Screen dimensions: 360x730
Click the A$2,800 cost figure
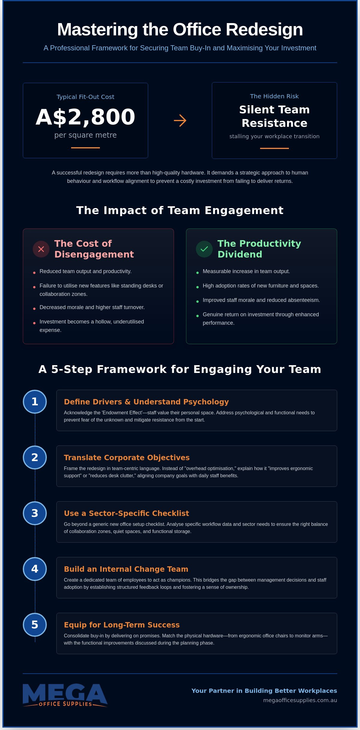85,117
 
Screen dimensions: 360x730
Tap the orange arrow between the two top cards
180,121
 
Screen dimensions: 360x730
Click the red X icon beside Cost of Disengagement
41,249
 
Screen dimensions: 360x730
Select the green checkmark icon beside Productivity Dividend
204,249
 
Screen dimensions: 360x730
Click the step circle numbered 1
35,402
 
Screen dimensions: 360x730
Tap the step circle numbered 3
35,513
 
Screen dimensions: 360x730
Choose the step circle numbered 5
35,625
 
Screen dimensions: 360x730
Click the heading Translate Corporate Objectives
127,457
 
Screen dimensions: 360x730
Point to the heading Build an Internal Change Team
126,569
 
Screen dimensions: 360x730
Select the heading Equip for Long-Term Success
122,625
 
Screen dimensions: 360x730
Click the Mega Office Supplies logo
65,695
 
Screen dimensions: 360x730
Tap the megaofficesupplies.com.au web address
300,700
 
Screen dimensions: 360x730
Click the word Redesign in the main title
264,30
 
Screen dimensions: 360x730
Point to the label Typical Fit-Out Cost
85,97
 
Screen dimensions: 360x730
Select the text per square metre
85,135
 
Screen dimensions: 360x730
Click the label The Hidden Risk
274,96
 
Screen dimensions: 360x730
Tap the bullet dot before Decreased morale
34,308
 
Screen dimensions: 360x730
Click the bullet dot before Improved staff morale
197,301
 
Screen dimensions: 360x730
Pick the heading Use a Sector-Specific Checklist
126,513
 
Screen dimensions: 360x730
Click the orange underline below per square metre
85,148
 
